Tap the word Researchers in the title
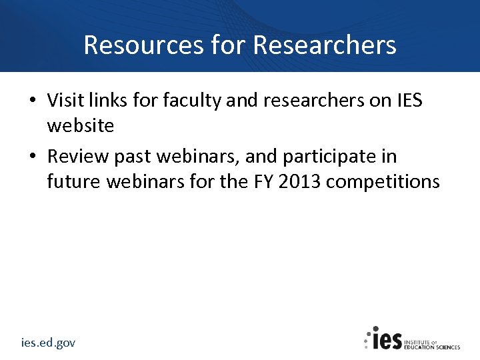coord(325,45)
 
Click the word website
coord(80,125)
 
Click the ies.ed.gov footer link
coord(48,343)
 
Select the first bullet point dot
coord(32,101)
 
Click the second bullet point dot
coord(32,157)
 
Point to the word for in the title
coord(227,45)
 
